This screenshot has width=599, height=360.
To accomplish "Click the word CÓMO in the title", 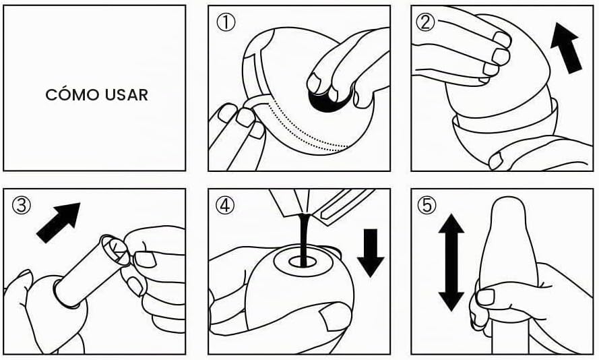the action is coord(72,94).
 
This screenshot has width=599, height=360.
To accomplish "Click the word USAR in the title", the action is coord(127,95).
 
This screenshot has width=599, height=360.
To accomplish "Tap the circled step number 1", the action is coord(226,22).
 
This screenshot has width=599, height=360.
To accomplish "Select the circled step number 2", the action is coord(425,22).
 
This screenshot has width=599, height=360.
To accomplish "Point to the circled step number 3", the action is coord(22,205).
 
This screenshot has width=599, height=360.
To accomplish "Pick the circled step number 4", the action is coord(224,205).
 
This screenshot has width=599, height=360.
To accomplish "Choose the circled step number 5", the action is coord(427,205).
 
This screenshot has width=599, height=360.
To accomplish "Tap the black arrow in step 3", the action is coord(59,222).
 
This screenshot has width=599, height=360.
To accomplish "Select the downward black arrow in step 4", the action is coord(371,253).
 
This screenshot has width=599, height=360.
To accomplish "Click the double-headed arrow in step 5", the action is coord(451,262).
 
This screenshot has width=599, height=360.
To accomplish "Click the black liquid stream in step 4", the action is coord(303,239).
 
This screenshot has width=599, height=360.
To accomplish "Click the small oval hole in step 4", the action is coord(303,262).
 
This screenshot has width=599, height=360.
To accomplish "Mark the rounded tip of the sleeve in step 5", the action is coord(507,206).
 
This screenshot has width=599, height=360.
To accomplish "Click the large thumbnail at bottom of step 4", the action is coord(336,316).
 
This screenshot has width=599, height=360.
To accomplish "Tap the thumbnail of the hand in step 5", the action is coord(486,297).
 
